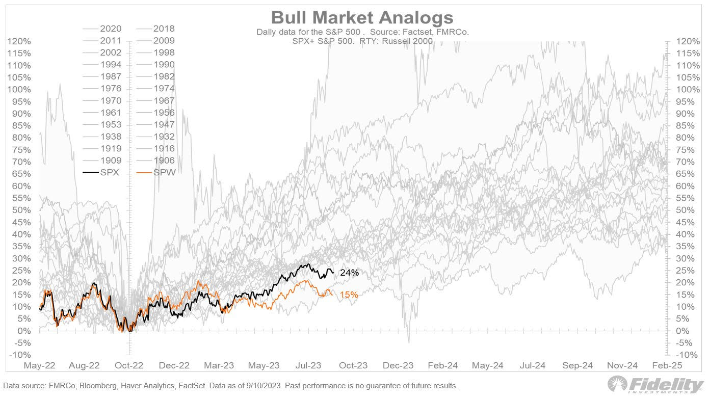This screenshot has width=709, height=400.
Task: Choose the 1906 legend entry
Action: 164,161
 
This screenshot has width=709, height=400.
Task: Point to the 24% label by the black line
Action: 349,273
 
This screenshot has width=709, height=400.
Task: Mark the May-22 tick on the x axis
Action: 39,365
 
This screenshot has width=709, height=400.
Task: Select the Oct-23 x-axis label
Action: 354,365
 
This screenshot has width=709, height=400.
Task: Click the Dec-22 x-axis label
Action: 174,365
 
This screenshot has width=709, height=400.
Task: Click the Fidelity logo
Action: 655,385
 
